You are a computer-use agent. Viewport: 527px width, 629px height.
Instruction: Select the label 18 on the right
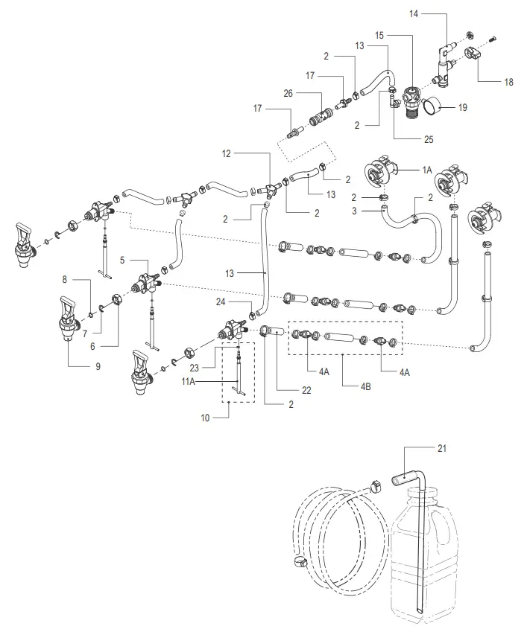pyautogui.click(x=508, y=83)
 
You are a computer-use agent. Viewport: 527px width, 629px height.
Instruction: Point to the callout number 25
pyautogui.click(x=407, y=139)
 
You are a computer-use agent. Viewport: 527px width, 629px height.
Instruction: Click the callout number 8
pyautogui.click(x=66, y=281)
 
